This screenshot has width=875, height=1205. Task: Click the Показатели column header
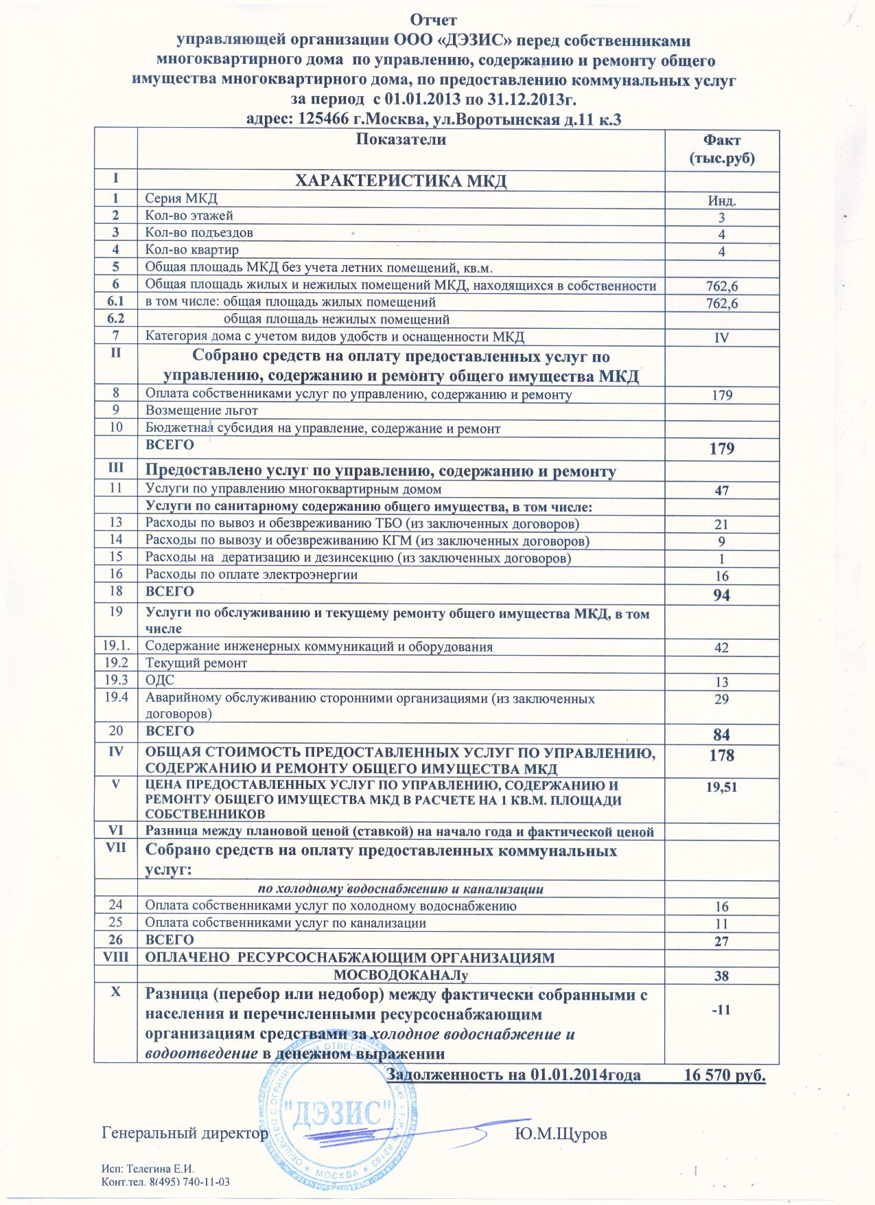click(x=402, y=141)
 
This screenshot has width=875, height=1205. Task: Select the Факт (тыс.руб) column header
click(x=722, y=149)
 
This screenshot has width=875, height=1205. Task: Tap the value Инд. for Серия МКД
click(x=722, y=201)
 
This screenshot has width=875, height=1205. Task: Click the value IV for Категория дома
click(x=722, y=338)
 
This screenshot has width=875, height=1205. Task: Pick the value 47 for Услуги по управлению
click(x=721, y=490)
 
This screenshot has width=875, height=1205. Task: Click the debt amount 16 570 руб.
click(x=725, y=1075)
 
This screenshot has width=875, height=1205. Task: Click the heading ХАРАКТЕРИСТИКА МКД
click(x=401, y=182)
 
